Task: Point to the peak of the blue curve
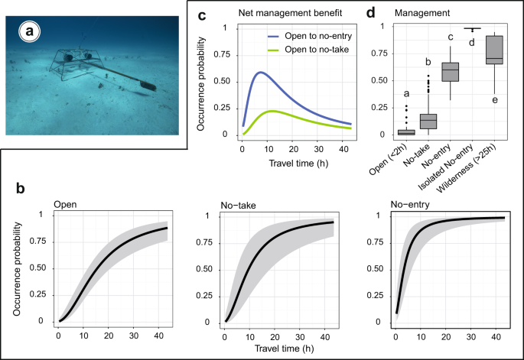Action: (x=260, y=73)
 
